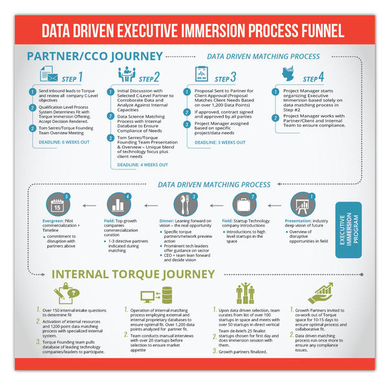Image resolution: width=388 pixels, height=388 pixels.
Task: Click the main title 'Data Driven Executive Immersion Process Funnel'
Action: click(x=194, y=30)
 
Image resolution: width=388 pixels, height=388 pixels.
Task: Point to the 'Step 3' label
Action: click(x=224, y=78)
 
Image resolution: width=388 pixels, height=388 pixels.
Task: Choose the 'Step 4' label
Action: click(x=313, y=78)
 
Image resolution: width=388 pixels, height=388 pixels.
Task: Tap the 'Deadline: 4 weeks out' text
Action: click(x=144, y=165)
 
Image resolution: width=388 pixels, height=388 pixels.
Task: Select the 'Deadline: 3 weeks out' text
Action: click(x=221, y=142)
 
